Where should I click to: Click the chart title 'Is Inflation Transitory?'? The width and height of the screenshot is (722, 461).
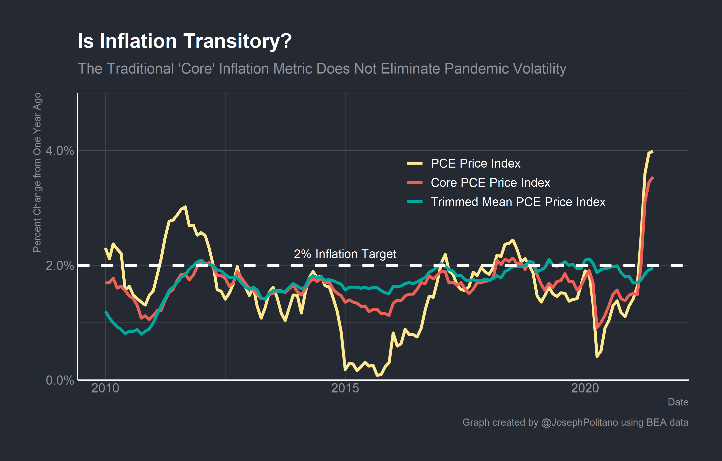pos(184,41)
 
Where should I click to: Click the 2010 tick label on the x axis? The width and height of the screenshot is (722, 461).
pos(105,388)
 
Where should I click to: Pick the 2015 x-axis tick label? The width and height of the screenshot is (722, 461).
pos(345,388)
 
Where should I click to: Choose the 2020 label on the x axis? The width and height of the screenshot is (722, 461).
pos(585,388)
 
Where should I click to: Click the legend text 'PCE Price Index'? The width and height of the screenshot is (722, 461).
pos(475,164)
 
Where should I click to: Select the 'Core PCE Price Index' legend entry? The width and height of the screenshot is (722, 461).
pos(490,183)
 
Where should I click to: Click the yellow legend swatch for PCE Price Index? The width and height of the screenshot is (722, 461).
pos(415,164)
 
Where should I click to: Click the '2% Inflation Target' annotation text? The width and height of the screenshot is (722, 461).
pos(345,254)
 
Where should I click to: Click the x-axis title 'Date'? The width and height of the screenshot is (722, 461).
pos(678,402)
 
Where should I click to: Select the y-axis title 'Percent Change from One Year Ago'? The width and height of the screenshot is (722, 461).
pos(37,172)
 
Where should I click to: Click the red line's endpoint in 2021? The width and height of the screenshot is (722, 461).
pos(653,178)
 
